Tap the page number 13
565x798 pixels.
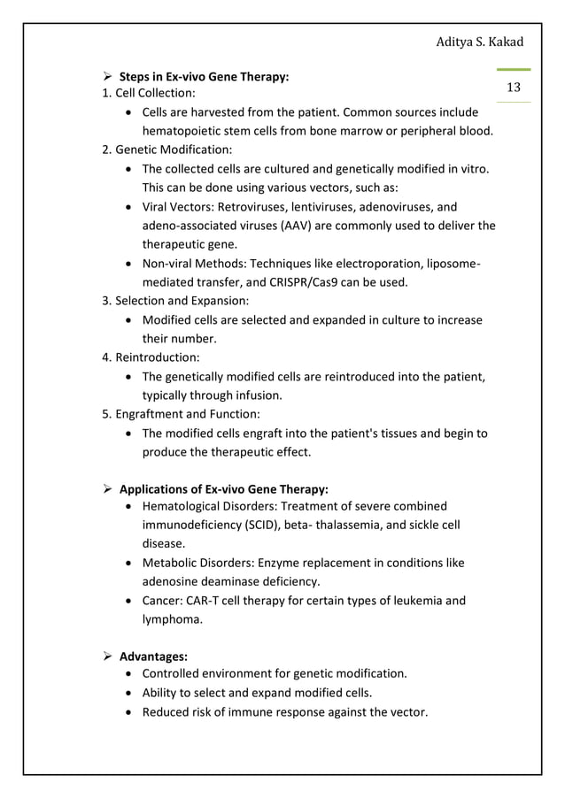[513, 87]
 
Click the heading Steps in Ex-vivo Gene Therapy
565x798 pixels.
[204, 77]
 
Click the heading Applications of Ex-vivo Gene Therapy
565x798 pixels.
[223, 489]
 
